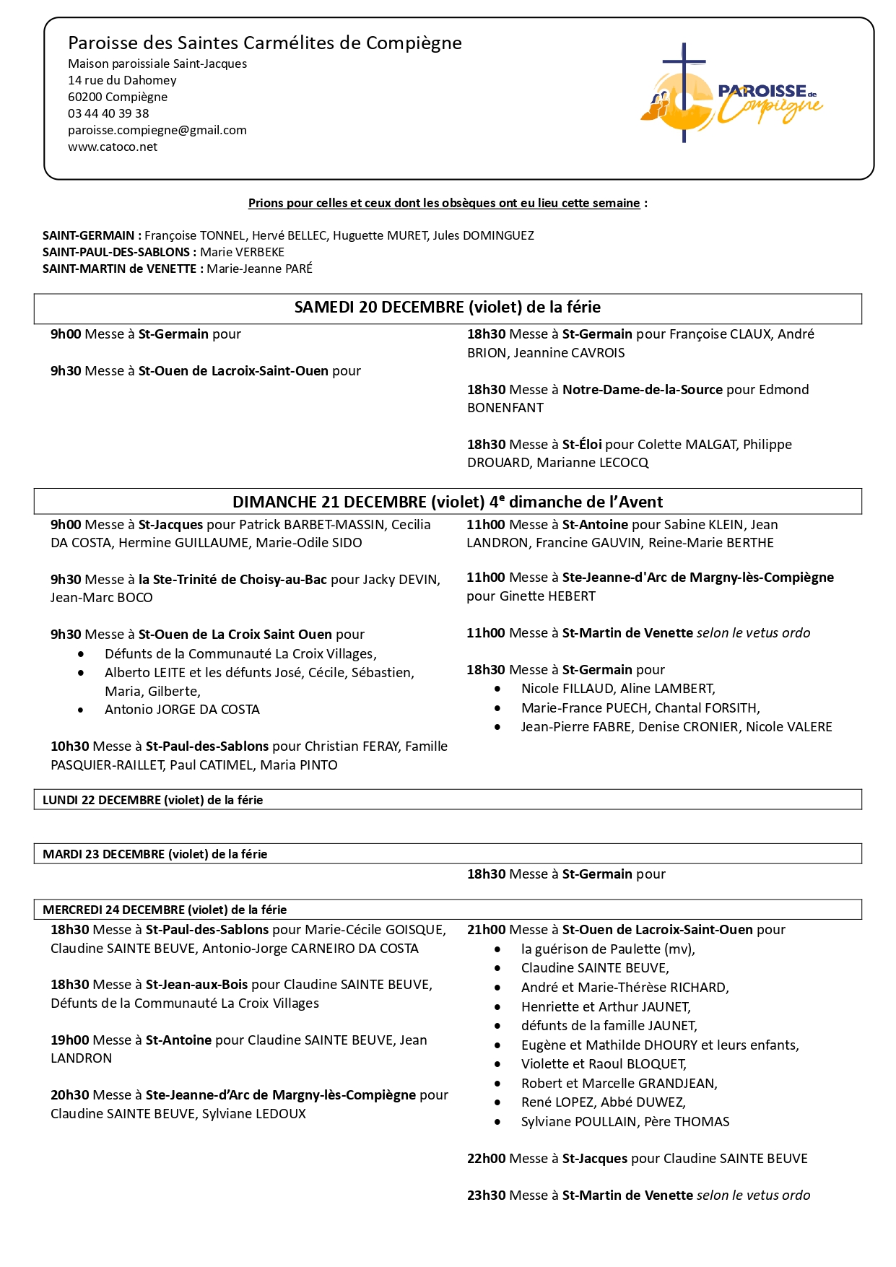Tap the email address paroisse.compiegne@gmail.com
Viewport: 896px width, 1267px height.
tap(157, 130)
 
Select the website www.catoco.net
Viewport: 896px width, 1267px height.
tap(113, 147)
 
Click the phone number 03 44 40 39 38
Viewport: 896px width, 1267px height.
tap(108, 113)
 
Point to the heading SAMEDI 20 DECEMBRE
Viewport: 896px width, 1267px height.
tap(447, 308)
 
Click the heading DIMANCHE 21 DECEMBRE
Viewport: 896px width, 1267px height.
tap(447, 502)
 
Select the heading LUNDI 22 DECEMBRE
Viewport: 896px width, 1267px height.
tap(152, 800)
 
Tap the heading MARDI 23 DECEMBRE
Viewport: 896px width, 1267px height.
tap(155, 854)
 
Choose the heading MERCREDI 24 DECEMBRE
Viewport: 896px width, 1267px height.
tap(165, 910)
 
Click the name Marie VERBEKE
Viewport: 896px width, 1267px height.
tap(243, 252)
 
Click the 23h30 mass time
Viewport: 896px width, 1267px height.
tap(486, 1196)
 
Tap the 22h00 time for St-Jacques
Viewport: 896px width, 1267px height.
tap(486, 1159)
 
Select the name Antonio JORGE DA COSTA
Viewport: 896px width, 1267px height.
tap(182, 710)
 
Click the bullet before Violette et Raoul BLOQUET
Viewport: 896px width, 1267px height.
tap(497, 1064)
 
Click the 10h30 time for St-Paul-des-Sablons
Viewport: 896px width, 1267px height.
tap(69, 746)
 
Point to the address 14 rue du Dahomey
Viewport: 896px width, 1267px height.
tap(122, 80)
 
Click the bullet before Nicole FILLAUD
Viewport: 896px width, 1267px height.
tap(497, 689)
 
